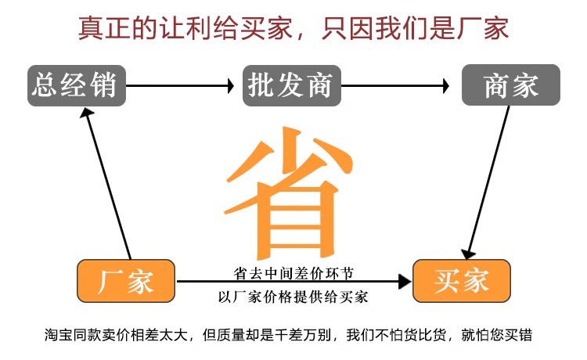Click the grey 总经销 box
click(77, 85)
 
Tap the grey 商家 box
click(510, 85)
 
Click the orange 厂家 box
click(126, 280)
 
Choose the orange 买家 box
click(462, 280)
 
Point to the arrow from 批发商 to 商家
click(395, 85)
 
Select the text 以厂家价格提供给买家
click(293, 297)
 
